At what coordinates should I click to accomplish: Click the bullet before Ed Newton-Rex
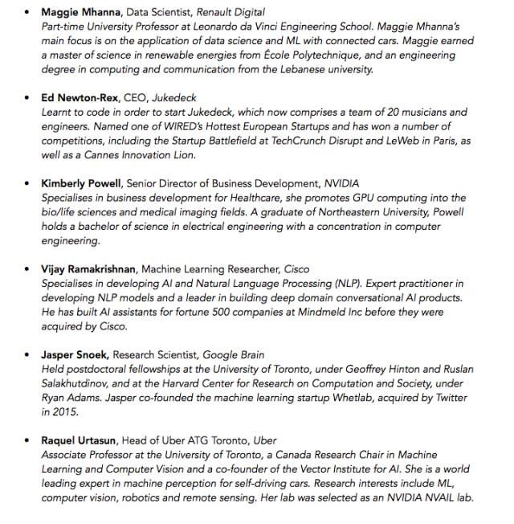click(x=27, y=98)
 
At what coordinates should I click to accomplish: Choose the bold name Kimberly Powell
click(x=84, y=184)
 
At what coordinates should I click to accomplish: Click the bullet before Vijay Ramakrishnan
click(x=27, y=269)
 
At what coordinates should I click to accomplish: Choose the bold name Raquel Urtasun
click(x=80, y=440)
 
